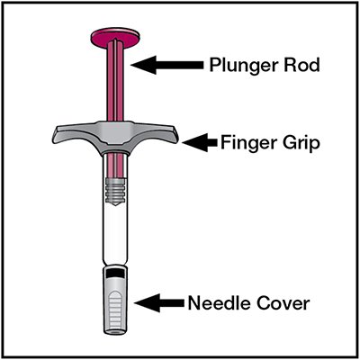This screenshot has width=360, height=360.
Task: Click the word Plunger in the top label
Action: [242, 66]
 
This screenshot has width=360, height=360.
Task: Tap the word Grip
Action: [300, 144]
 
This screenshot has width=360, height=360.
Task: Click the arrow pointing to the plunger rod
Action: [166, 64]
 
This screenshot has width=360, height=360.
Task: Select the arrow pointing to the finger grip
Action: [200, 142]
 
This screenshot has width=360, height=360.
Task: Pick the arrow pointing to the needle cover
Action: [159, 302]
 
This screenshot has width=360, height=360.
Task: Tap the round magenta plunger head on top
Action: [115, 37]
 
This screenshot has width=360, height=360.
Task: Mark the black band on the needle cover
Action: [115, 273]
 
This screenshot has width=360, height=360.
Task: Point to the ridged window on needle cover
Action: [115, 309]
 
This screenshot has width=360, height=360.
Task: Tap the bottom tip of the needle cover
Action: [115, 332]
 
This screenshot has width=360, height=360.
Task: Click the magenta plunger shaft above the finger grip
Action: [115, 83]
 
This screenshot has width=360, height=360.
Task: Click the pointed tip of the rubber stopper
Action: [115, 205]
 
